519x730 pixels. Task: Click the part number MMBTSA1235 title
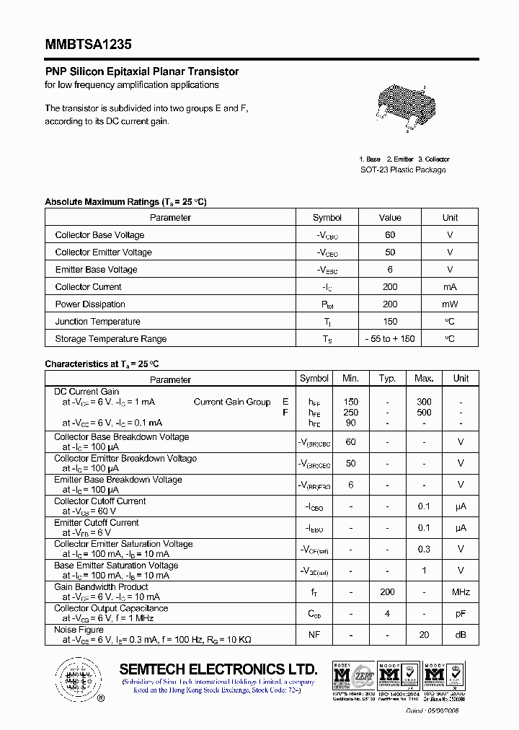tap(88, 43)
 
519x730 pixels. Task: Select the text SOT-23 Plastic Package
tap(403, 170)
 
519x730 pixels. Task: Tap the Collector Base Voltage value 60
tap(390, 235)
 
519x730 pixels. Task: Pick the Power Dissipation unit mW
tap(450, 304)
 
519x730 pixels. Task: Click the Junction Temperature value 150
tap(390, 322)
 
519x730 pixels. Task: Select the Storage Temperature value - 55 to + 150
tap(390, 339)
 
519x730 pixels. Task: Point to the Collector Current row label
tap(89, 287)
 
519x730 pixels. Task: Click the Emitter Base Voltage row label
tap(96, 270)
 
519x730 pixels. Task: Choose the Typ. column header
tap(387, 378)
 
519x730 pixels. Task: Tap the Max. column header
tap(424, 378)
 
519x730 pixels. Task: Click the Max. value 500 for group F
tap(424, 413)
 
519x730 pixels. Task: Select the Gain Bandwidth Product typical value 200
tap(387, 592)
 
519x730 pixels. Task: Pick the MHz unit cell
tap(461, 592)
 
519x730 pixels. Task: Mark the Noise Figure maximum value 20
tap(424, 635)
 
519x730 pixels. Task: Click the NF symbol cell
tap(314, 635)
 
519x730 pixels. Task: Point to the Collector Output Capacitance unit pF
tap(461, 614)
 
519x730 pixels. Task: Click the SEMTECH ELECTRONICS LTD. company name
tap(218, 669)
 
